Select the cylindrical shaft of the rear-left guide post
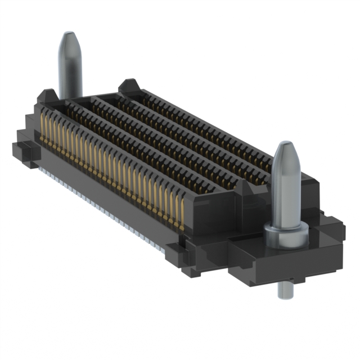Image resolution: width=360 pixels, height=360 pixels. [x=70, y=70]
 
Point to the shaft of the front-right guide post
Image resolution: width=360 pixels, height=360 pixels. [x=286, y=191]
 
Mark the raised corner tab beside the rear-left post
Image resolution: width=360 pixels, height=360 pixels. [x=47, y=97]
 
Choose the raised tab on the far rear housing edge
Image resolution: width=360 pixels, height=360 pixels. [x=128, y=86]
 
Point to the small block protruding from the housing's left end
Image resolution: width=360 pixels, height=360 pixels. [x=22, y=149]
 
